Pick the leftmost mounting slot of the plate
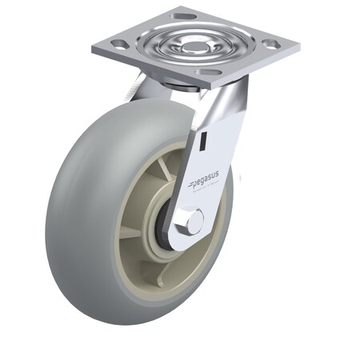click(x=119, y=45)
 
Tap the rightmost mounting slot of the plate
click(x=270, y=44)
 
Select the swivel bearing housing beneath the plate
click(x=184, y=84)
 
